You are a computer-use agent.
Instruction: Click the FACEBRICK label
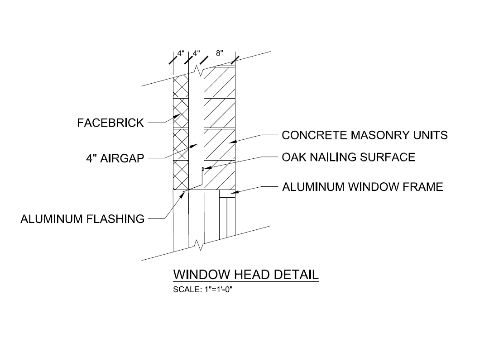point(110,123)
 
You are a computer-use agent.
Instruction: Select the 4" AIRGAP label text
point(115,158)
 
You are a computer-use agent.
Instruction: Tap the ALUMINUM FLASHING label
point(82,219)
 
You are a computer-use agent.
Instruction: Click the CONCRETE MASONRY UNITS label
point(365,135)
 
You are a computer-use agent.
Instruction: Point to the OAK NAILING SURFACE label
point(348,157)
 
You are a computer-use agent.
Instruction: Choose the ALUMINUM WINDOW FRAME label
point(362,187)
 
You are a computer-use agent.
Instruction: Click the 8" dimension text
point(220,53)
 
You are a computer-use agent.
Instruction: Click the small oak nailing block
point(202,169)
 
